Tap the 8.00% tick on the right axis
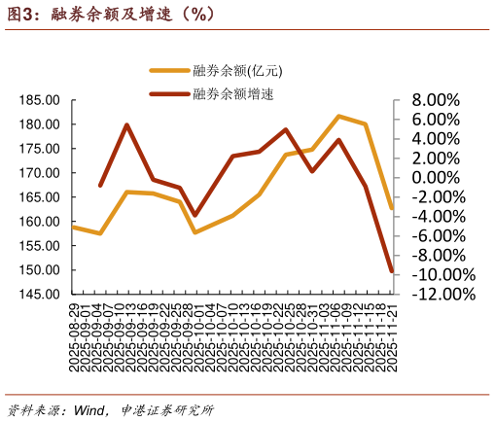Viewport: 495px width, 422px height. click(436, 100)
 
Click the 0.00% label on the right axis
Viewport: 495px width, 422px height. click(436, 178)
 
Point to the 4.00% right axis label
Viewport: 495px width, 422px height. click(436, 139)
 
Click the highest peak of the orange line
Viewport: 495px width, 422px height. click(338, 116)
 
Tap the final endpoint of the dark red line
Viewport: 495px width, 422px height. click(391, 270)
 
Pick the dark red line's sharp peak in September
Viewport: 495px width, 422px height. click(126, 124)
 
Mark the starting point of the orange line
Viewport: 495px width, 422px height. click(74, 227)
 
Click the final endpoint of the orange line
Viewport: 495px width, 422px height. click(391, 208)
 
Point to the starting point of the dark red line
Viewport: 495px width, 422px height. click(100, 185)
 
